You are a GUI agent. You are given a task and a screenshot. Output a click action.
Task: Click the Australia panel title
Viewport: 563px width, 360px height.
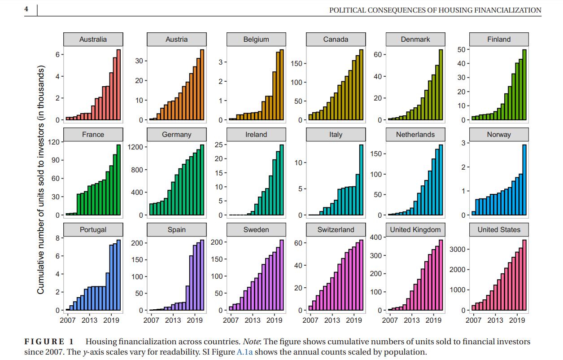pos(93,40)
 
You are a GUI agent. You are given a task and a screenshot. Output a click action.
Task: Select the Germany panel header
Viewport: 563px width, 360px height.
pos(176,135)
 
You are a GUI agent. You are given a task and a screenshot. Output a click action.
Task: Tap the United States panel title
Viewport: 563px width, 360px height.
pos(499,230)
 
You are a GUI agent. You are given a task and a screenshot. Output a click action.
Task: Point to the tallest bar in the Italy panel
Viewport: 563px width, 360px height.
pos(361,180)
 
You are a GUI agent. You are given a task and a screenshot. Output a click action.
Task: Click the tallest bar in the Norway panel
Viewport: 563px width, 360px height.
pos(524,180)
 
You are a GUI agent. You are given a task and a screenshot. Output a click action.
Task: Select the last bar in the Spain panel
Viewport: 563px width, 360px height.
pos(202,275)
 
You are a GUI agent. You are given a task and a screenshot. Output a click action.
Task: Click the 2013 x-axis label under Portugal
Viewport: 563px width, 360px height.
pos(89,320)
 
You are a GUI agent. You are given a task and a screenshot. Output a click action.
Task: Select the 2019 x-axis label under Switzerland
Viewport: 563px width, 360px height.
pos(354,320)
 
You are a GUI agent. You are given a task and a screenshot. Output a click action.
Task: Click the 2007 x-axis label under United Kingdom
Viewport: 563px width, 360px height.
pos(390,320)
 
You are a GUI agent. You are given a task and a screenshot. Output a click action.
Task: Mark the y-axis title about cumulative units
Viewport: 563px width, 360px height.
pos(41,180)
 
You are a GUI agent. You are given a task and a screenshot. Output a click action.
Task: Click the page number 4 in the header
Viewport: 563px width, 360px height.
pos(26,9)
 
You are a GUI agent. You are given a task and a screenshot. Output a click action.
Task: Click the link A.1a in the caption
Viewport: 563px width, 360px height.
pos(244,352)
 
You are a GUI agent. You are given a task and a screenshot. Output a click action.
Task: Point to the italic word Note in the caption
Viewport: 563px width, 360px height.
pos(251,342)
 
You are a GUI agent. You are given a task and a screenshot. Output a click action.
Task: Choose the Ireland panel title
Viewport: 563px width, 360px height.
pos(256,135)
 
